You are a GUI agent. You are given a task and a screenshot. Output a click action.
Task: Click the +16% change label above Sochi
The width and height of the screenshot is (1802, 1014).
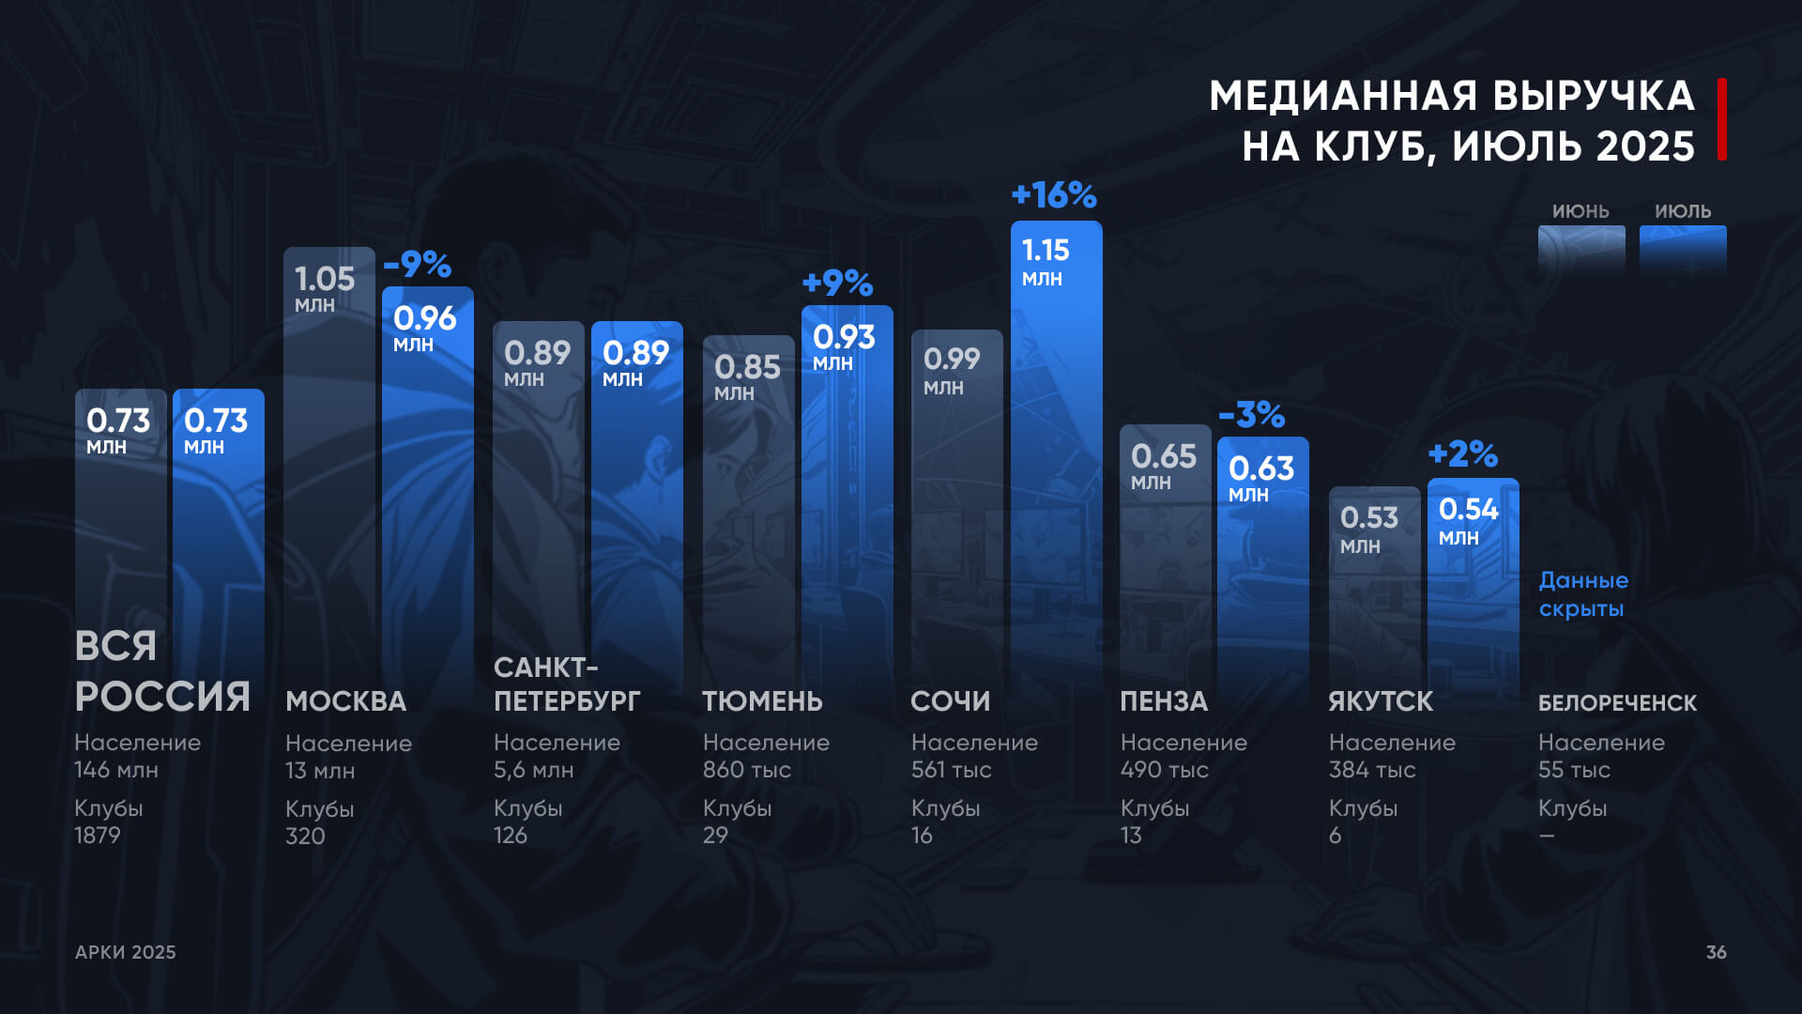1054,195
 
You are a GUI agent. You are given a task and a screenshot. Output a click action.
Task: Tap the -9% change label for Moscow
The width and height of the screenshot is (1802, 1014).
418,265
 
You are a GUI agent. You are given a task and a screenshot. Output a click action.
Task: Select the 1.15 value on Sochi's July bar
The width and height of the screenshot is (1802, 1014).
1046,251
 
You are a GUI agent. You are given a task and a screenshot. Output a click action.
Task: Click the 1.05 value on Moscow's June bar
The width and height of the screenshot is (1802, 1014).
325,279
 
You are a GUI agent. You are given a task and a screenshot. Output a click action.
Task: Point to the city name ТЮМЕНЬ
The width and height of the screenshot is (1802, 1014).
762,701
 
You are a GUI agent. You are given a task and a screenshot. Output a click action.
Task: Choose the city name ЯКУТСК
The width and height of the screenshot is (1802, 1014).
1381,701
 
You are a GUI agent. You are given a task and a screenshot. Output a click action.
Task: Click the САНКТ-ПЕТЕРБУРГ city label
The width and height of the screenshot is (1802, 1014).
567,684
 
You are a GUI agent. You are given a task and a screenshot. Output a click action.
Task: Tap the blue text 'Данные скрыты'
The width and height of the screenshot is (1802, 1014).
1583,594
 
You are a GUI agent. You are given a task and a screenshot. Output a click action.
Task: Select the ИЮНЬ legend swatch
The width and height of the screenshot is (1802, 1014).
1581,249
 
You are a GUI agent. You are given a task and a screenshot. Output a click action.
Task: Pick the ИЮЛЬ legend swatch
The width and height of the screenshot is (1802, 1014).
1683,249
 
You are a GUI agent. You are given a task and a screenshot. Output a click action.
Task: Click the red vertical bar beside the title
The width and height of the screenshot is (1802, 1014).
1722,119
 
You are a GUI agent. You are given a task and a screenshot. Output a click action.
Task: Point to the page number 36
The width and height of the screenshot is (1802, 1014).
1716,952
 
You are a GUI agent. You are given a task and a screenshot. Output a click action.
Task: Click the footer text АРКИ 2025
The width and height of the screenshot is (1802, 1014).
126,952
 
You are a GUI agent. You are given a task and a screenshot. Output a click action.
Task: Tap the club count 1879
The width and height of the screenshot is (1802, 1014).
98,836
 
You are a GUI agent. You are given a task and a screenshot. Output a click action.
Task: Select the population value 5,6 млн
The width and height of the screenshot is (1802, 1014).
533,770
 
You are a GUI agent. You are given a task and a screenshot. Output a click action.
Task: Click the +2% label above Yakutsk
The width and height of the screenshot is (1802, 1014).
1462,454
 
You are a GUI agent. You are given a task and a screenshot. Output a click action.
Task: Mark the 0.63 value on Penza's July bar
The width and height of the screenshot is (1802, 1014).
1261,469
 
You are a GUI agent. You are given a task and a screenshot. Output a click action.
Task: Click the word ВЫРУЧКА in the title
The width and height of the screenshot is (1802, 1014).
1593,96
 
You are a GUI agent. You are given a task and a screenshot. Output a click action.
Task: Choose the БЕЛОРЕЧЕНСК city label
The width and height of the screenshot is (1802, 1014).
1617,703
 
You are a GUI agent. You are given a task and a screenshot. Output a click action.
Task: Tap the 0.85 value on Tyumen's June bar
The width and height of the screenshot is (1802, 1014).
747,367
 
